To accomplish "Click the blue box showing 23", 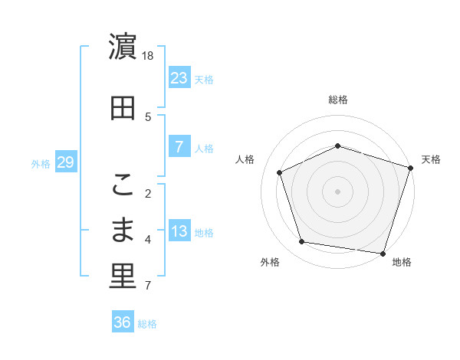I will [179, 77].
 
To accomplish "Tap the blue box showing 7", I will [179, 147].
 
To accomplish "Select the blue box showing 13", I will [179, 232].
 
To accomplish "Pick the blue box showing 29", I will [65, 162].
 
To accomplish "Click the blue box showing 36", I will [123, 322].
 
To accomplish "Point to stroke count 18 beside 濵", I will [149, 56].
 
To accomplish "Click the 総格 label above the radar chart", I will [338, 100].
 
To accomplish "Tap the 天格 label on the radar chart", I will [431, 159].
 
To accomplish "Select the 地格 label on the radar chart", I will [402, 262].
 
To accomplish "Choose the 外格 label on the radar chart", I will [270, 262].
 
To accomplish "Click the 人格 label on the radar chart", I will [245, 159].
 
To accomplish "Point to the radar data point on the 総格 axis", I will [338, 146].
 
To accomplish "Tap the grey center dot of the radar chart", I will [338, 191].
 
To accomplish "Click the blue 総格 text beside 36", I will [147, 324].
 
